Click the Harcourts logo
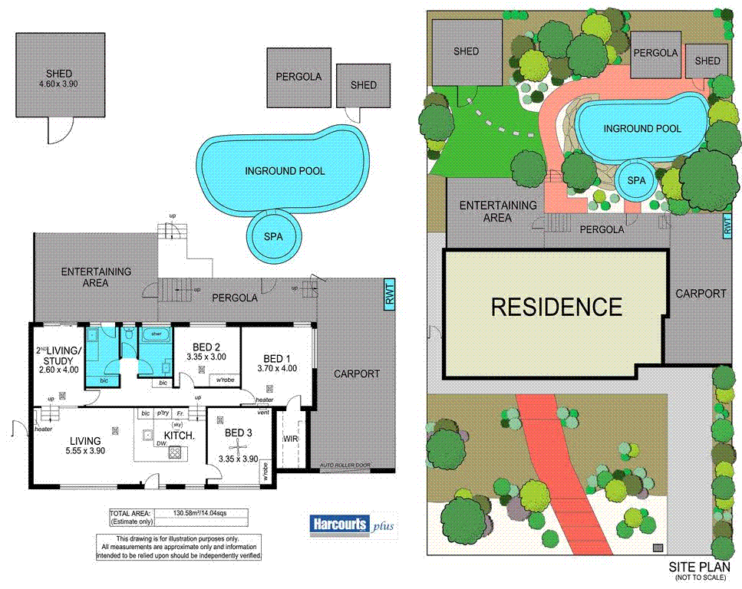click(x=338, y=525)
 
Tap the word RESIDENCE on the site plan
click(x=556, y=307)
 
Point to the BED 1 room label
click(x=278, y=359)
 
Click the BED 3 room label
click(x=239, y=433)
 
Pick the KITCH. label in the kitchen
click(x=179, y=436)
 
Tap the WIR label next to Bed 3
click(x=289, y=439)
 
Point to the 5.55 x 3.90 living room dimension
click(x=86, y=451)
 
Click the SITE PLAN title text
click(x=696, y=567)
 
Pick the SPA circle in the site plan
click(x=637, y=179)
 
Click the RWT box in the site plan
click(x=726, y=226)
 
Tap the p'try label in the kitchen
click(x=163, y=413)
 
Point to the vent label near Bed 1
click(x=264, y=413)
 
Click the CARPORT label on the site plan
click(x=701, y=294)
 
